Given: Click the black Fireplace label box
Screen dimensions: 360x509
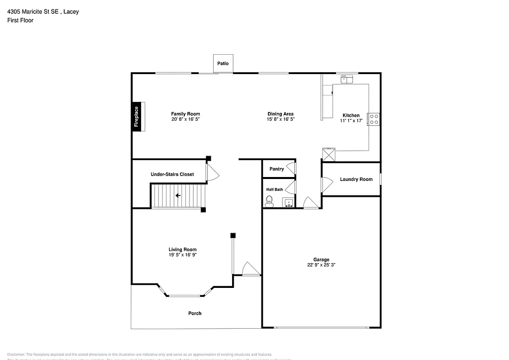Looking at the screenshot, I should pos(136,116).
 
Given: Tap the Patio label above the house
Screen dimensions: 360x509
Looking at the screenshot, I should pos(223,63).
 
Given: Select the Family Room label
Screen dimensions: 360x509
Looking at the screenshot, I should pos(185,114).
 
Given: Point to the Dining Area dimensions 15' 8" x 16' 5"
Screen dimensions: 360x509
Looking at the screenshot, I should pos(281,119).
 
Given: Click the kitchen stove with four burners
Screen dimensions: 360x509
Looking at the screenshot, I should pos(374,119).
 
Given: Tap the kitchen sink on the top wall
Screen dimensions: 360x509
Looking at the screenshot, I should pos(346,79).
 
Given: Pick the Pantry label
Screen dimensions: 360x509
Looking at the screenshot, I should pos(276,169).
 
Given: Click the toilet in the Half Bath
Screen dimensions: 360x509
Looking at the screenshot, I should pos(269,201).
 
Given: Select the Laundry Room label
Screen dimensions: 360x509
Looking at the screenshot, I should pos(356,180).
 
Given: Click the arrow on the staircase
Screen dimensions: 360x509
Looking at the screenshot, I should pos(178,195).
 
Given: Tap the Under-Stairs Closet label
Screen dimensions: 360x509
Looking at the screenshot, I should pos(172,175).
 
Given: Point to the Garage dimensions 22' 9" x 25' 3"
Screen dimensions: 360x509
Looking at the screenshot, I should pos(321,265).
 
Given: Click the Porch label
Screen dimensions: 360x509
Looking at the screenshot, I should pos(195,313).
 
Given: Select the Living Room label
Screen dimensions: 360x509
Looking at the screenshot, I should pos(182,250).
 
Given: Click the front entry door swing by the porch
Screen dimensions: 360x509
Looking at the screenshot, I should pos(251,269).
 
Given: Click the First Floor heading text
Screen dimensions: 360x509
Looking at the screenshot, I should pos(20,20).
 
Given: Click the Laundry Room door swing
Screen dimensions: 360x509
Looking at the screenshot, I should pos(327,184).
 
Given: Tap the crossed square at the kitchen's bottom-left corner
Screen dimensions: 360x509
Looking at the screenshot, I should pos(329,154).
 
